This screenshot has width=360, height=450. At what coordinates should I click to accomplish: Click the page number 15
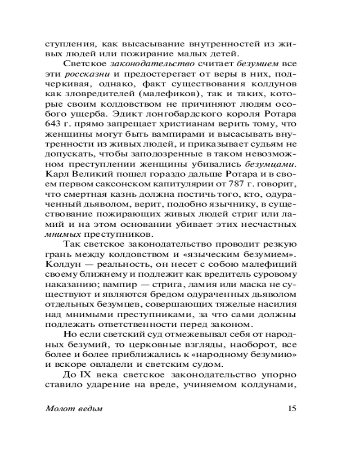click(291, 409)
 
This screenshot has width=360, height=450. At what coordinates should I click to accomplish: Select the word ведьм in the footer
click(89, 409)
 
